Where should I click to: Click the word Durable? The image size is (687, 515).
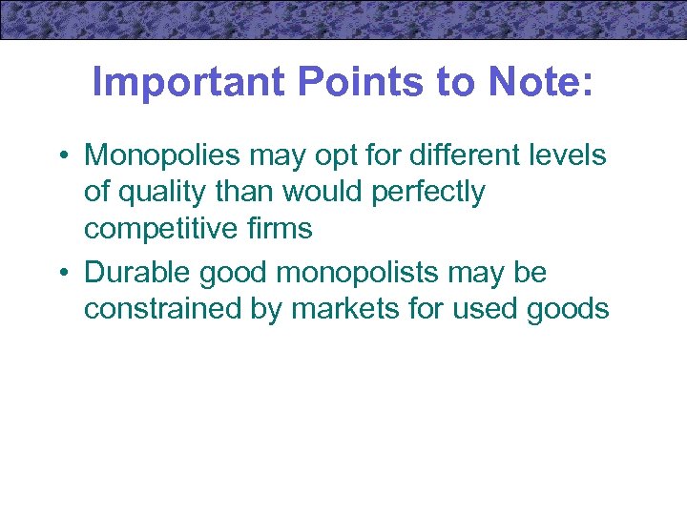pos(137,272)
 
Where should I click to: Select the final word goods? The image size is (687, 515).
pos(571,309)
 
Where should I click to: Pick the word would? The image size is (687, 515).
pos(312,192)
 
